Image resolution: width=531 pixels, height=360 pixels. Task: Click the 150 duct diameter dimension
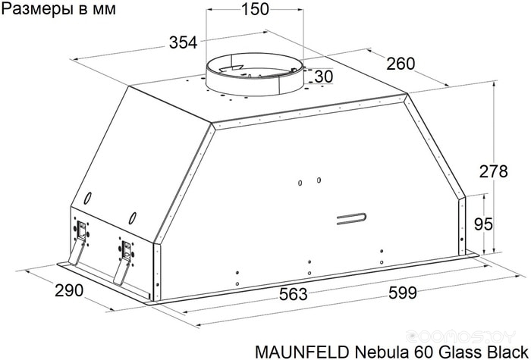click(255, 9)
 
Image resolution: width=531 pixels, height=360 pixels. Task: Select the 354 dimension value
click(183, 43)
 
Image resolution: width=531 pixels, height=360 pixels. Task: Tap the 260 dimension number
click(401, 64)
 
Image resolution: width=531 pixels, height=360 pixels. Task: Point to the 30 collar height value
click(324, 77)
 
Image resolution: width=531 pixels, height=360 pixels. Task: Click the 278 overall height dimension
click(493, 171)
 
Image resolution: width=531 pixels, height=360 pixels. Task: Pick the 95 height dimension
click(483, 224)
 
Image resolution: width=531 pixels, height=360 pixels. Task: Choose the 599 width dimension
click(403, 293)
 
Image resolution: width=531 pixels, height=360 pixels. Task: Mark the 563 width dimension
click(294, 294)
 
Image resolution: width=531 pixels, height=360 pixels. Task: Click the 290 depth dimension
click(69, 290)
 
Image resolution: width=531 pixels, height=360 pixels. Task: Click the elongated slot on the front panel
click(351, 218)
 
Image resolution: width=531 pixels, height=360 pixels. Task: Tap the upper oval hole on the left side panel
click(87, 199)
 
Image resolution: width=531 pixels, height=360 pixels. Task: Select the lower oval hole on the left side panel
click(133, 218)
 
